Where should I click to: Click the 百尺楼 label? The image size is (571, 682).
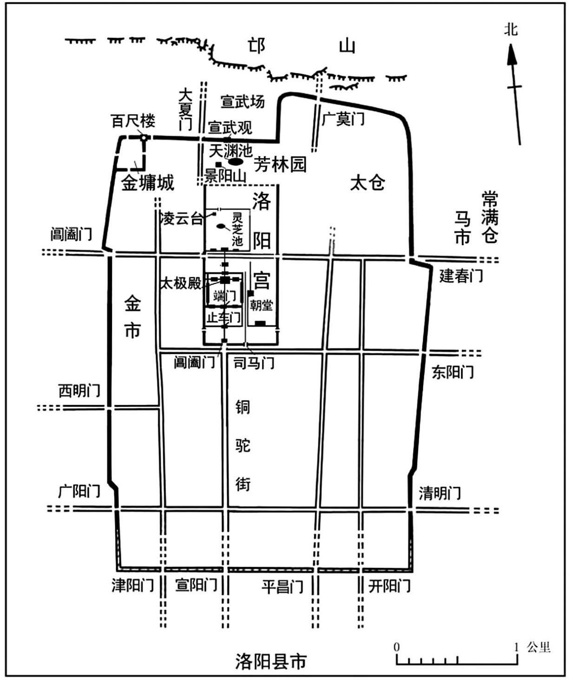point(133,121)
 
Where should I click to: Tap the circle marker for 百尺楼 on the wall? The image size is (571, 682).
point(144,138)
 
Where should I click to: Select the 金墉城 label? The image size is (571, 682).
point(148,183)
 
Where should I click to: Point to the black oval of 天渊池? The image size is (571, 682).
point(236,162)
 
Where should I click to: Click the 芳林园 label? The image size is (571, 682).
point(280,164)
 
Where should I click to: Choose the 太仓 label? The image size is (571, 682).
point(368,183)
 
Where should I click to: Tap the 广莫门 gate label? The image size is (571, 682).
point(343,119)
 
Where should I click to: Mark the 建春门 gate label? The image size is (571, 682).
point(461,275)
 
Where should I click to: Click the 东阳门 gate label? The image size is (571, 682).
point(453,372)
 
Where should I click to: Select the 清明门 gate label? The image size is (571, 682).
point(440,493)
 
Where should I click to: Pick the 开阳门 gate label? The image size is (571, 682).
point(389,586)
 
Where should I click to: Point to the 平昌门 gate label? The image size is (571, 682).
point(282,586)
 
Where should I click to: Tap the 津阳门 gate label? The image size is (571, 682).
point(132,585)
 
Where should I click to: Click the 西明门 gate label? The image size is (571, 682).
point(79,391)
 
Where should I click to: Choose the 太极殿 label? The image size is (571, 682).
point(181,283)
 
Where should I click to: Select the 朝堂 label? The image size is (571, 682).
point(261,305)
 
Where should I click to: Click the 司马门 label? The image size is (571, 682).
point(254,363)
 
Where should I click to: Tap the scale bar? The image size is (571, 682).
point(457,659)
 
